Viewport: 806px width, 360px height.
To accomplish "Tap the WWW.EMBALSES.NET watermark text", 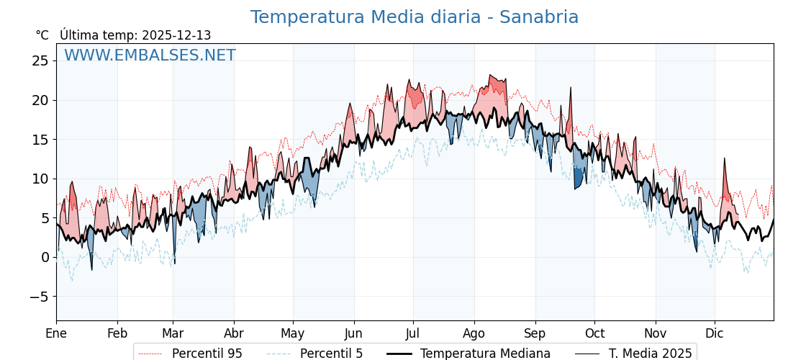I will tap(150, 55).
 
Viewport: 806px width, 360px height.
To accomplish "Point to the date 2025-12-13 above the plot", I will tap(176, 35).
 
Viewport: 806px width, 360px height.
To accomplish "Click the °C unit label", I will tap(42, 35).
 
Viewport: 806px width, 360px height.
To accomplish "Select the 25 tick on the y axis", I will tap(40, 60).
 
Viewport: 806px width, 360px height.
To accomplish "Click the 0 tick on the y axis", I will tap(45, 257).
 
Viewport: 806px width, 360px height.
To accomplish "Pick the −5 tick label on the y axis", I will tap(39, 297).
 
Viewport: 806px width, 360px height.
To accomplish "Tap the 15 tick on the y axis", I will tap(40, 139).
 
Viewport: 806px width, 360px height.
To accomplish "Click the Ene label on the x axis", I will tap(56, 333).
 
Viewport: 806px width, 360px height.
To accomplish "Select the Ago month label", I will tap(474, 333).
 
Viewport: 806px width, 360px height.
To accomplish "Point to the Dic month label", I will tap(715, 333).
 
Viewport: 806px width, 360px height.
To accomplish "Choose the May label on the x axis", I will tap(293, 333).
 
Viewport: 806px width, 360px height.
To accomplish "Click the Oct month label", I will tap(594, 333).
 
